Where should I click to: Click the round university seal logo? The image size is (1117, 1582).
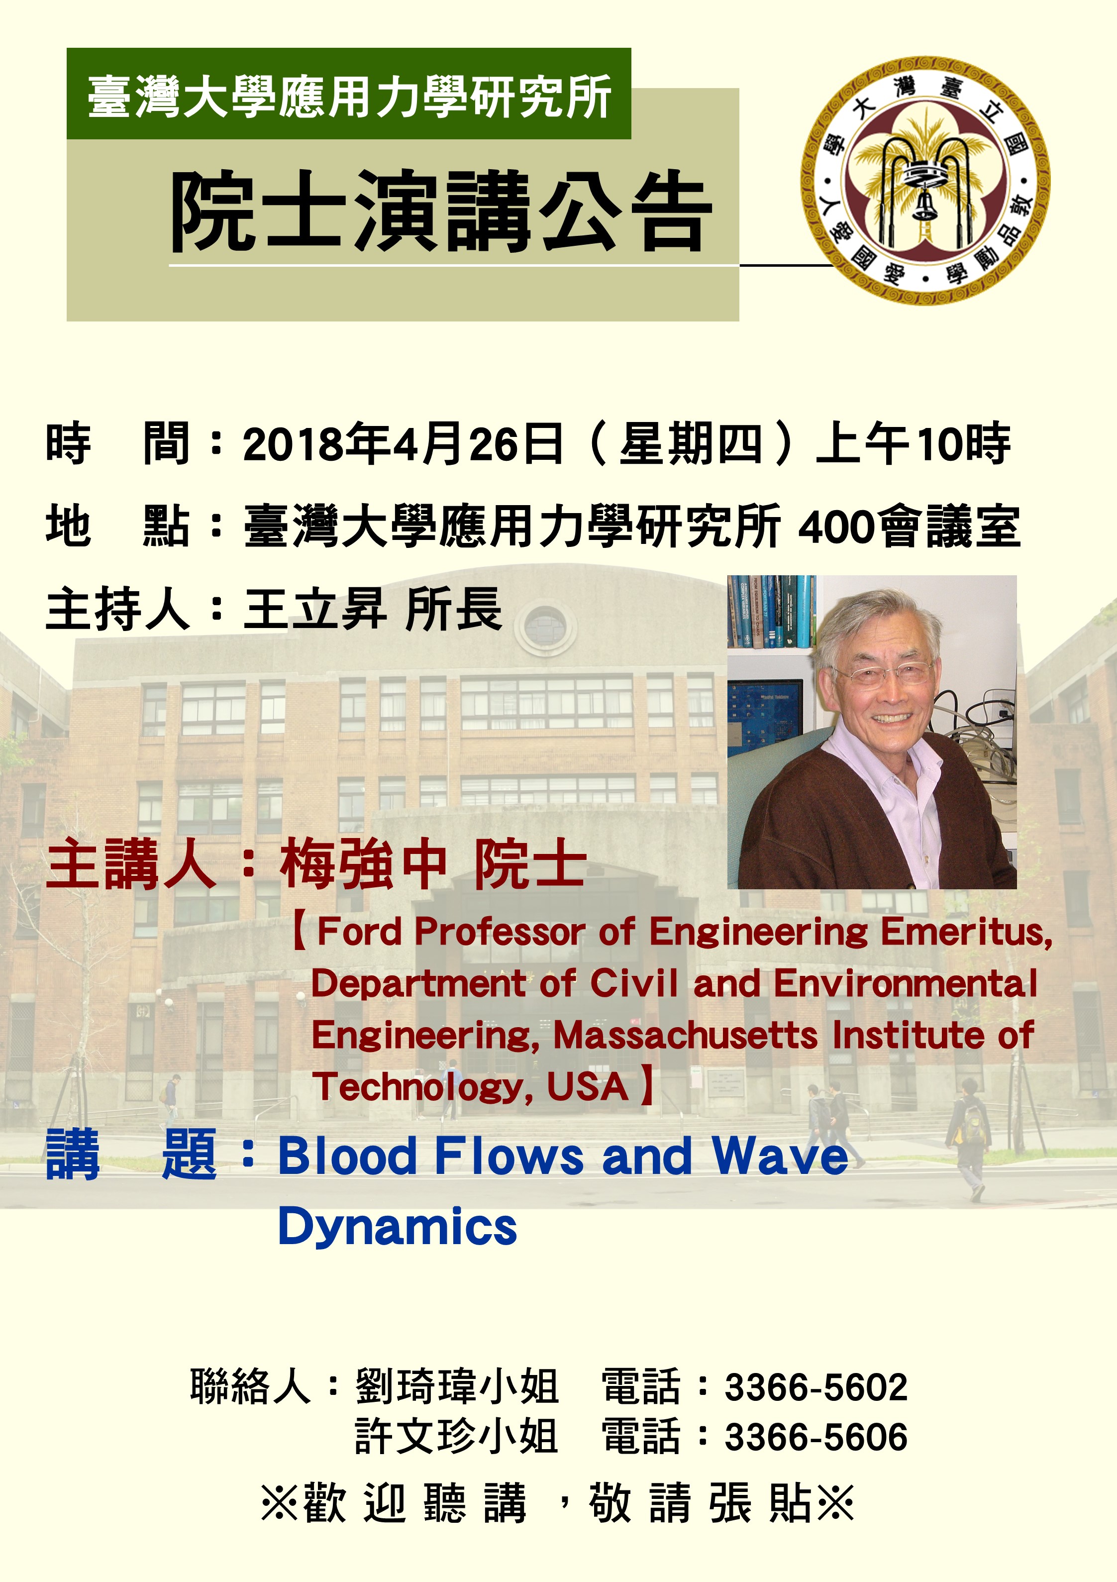point(925,181)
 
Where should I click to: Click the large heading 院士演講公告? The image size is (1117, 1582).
point(441,211)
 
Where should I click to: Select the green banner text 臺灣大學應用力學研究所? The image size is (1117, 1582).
point(349,97)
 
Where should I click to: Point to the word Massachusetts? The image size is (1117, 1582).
point(686,1035)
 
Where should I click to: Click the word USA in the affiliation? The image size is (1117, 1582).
point(587,1086)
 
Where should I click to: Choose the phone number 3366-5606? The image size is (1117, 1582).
point(816,1437)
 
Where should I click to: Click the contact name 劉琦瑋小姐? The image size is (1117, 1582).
point(456,1386)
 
